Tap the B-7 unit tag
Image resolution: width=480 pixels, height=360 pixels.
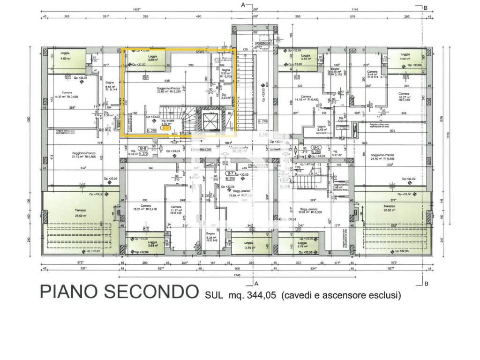point(230,173)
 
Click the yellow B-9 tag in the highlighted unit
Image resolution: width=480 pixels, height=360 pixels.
point(165,127)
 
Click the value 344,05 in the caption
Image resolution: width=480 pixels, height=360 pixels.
point(259,295)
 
